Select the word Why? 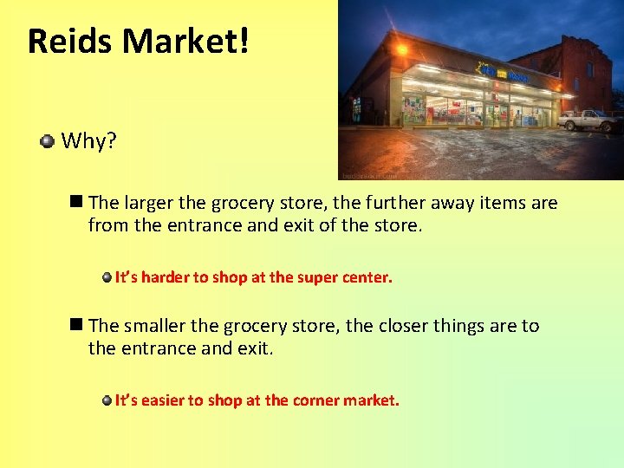(x=88, y=141)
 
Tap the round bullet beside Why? (x=48, y=140)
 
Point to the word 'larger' (x=149, y=204)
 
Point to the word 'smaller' (x=154, y=326)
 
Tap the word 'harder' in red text (x=165, y=277)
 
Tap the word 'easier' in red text (x=162, y=400)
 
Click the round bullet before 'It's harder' (x=106, y=277)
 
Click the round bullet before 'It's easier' (x=106, y=400)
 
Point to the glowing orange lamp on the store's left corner (x=401, y=49)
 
